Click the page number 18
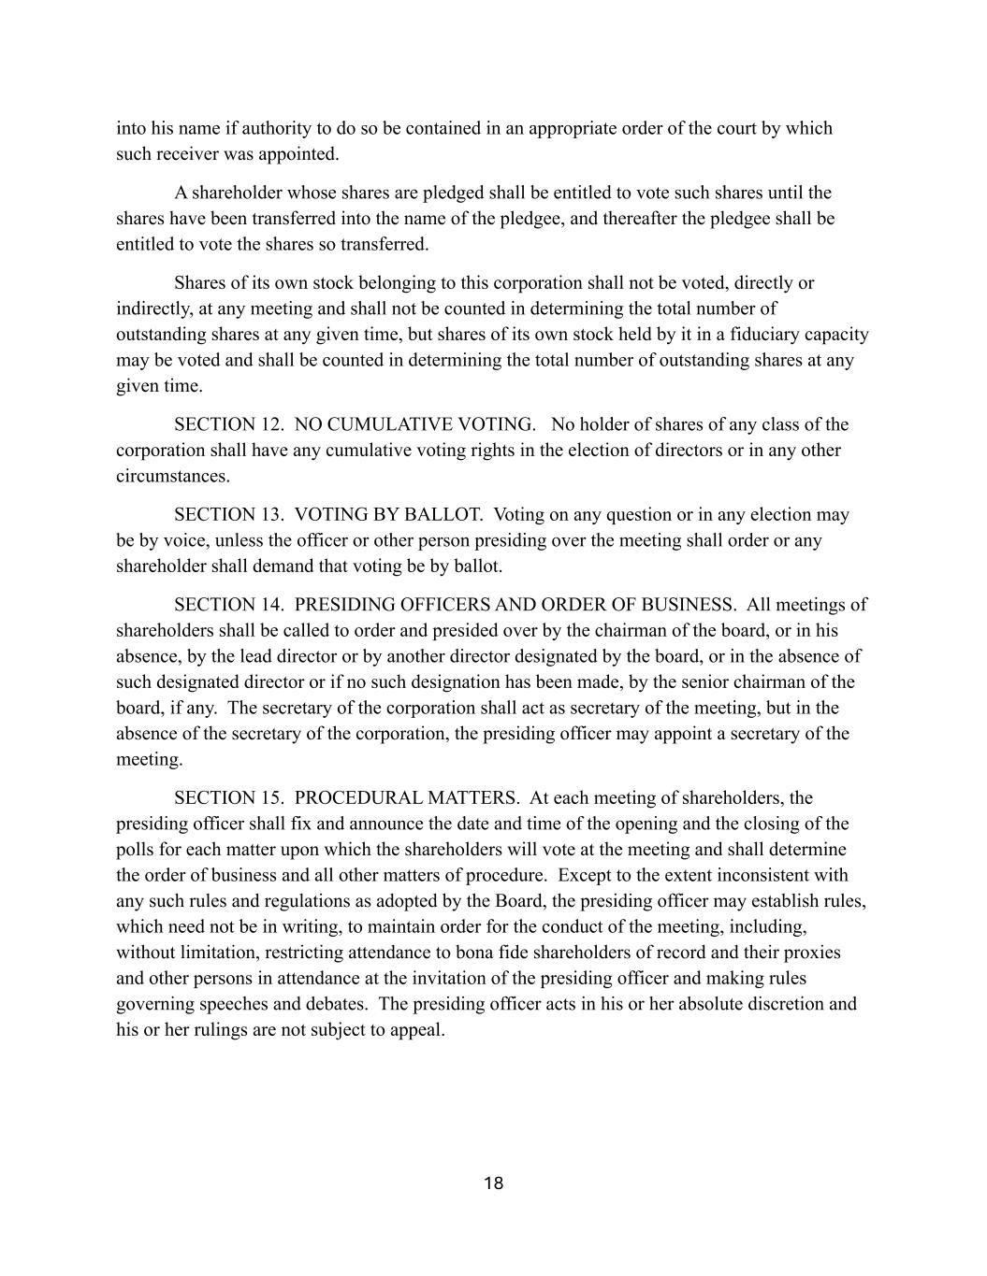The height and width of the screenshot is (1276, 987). (x=493, y=1183)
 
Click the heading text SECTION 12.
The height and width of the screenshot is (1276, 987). (x=228, y=424)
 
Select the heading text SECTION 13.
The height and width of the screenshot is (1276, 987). (x=228, y=514)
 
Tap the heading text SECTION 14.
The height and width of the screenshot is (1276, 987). (x=228, y=605)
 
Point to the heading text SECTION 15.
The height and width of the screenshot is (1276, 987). (x=228, y=798)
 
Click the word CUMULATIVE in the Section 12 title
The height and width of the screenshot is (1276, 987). (x=388, y=424)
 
